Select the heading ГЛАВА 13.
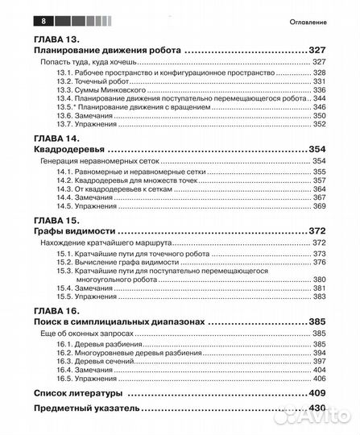coord(63,39)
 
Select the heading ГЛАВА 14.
coord(63,139)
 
